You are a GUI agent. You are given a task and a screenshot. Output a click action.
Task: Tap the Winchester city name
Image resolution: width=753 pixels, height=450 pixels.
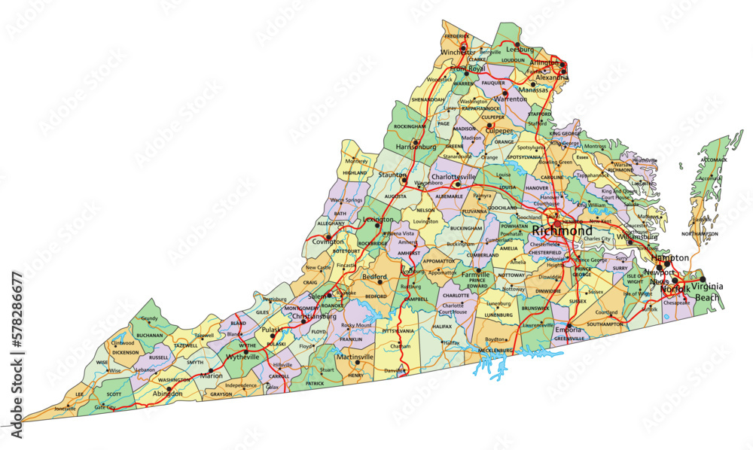point(459,53)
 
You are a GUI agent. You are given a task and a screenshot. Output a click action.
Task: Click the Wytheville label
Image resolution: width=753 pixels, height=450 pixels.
point(243,357)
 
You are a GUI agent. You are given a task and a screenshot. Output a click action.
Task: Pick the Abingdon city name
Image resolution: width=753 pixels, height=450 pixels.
point(167,393)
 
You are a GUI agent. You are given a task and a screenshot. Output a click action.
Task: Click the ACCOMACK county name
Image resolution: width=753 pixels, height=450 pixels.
point(713,160)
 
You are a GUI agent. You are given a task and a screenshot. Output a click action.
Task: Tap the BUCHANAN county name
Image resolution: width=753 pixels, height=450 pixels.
point(150,335)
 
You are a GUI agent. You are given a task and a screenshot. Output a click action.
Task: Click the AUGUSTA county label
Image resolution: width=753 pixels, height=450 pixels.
point(395,195)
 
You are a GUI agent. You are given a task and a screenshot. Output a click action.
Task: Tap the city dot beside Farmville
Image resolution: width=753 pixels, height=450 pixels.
point(477,270)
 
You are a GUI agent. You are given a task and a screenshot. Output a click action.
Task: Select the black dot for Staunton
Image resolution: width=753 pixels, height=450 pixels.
point(404,181)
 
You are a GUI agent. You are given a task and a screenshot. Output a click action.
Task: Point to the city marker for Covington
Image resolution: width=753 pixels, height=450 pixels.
point(328,236)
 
